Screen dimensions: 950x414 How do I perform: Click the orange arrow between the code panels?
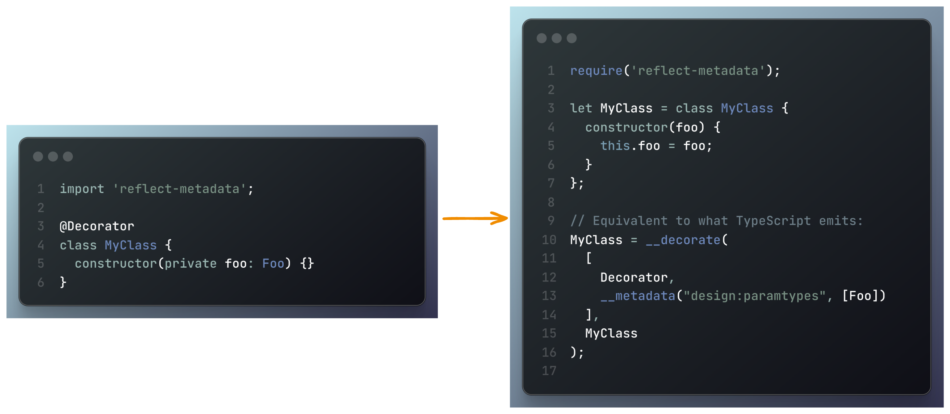click(475, 218)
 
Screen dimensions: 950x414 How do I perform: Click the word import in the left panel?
click(82, 189)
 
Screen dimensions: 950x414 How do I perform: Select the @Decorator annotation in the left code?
click(97, 226)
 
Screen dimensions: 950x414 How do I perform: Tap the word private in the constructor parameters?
click(190, 263)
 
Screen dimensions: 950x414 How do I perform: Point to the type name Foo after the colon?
click(273, 263)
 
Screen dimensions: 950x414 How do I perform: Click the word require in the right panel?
click(596, 70)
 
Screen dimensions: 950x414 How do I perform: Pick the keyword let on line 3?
click(581, 108)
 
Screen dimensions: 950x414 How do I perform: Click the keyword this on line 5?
click(615, 146)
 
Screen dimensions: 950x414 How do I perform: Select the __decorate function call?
click(683, 240)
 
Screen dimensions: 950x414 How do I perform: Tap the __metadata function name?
click(638, 296)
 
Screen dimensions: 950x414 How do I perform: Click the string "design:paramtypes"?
click(754, 296)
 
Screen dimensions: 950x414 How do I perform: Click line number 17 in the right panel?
click(549, 371)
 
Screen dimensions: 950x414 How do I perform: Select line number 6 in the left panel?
click(41, 282)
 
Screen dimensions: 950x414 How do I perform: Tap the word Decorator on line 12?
click(634, 277)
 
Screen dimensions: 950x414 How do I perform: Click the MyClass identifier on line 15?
click(611, 333)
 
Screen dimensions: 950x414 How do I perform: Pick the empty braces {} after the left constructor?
click(307, 263)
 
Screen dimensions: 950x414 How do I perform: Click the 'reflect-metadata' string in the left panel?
click(179, 189)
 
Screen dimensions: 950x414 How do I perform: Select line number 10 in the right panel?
click(549, 240)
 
